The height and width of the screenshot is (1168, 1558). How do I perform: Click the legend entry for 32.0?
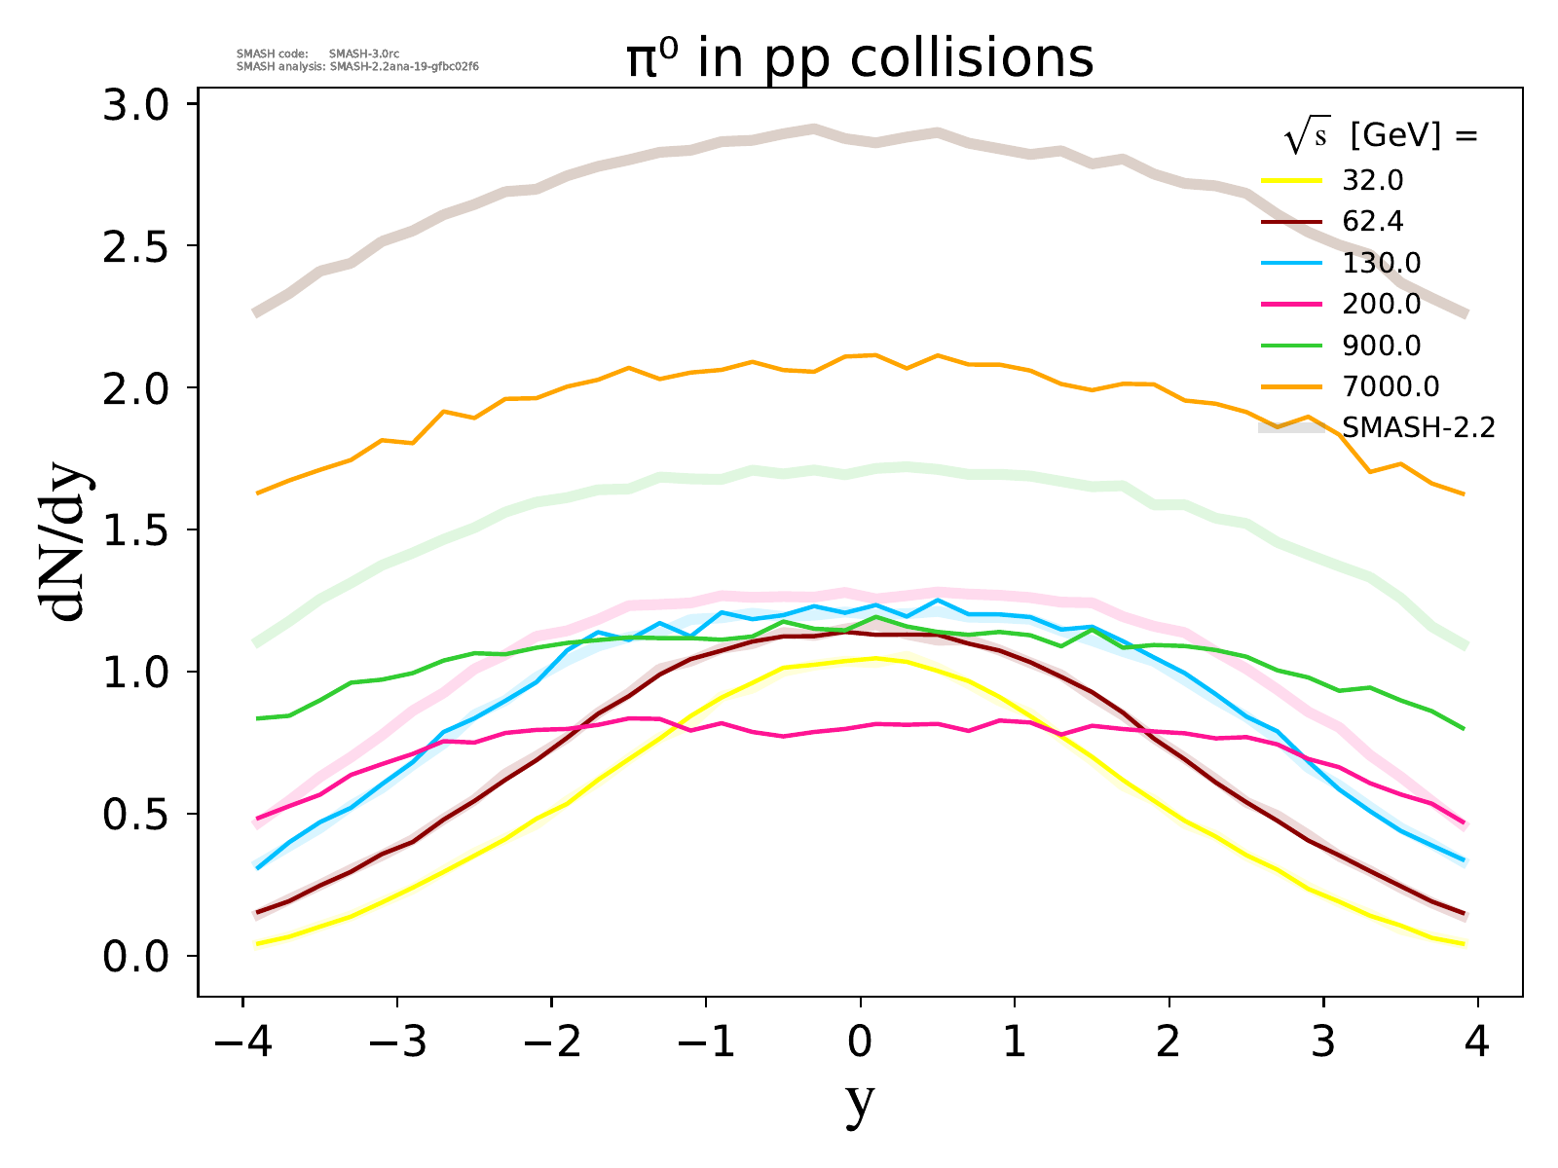tap(1373, 181)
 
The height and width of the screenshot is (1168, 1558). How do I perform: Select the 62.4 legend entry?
tap(1373, 222)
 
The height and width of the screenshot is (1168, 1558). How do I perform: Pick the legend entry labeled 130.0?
tap(1381, 263)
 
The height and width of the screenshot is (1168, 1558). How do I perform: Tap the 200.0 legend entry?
tap(1381, 304)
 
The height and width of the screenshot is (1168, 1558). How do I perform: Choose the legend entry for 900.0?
tap(1381, 346)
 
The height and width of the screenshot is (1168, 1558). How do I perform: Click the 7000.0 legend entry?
tap(1390, 386)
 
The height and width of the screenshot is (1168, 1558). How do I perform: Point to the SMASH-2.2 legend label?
tap(1418, 427)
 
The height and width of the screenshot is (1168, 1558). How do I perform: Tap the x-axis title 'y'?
tap(860, 1103)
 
